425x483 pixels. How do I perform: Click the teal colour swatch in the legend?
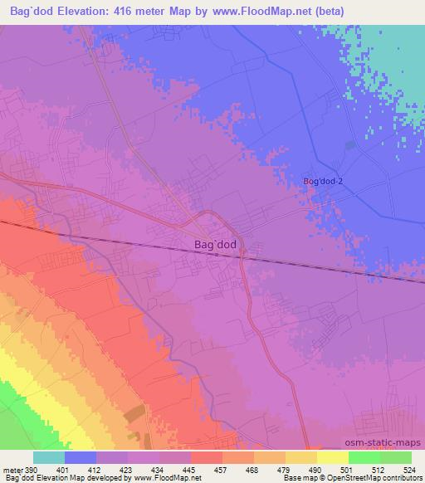coord(49,457)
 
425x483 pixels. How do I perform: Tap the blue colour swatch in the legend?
coord(81,457)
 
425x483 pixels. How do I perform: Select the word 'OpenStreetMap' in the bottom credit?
coord(349,478)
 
